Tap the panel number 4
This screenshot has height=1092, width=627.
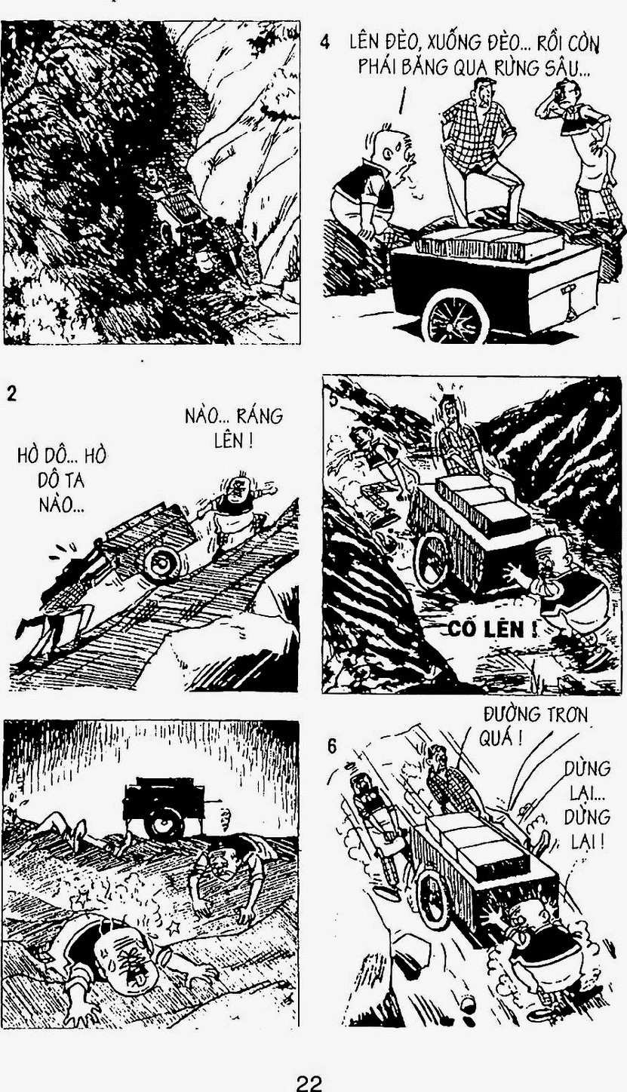pos(324,42)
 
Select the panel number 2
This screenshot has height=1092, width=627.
pos(11,394)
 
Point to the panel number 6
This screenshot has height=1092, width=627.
pos(331,747)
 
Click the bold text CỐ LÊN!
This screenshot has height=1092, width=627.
pos(492,630)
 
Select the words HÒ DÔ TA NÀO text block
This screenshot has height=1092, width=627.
pos(62,480)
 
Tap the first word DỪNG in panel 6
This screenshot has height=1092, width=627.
pos(588,768)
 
